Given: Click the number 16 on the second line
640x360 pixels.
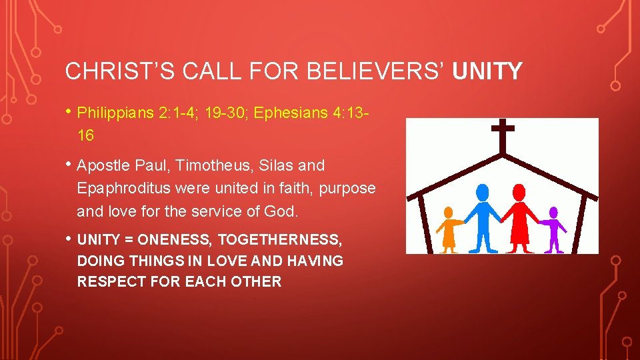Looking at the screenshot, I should pos(85,135).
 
